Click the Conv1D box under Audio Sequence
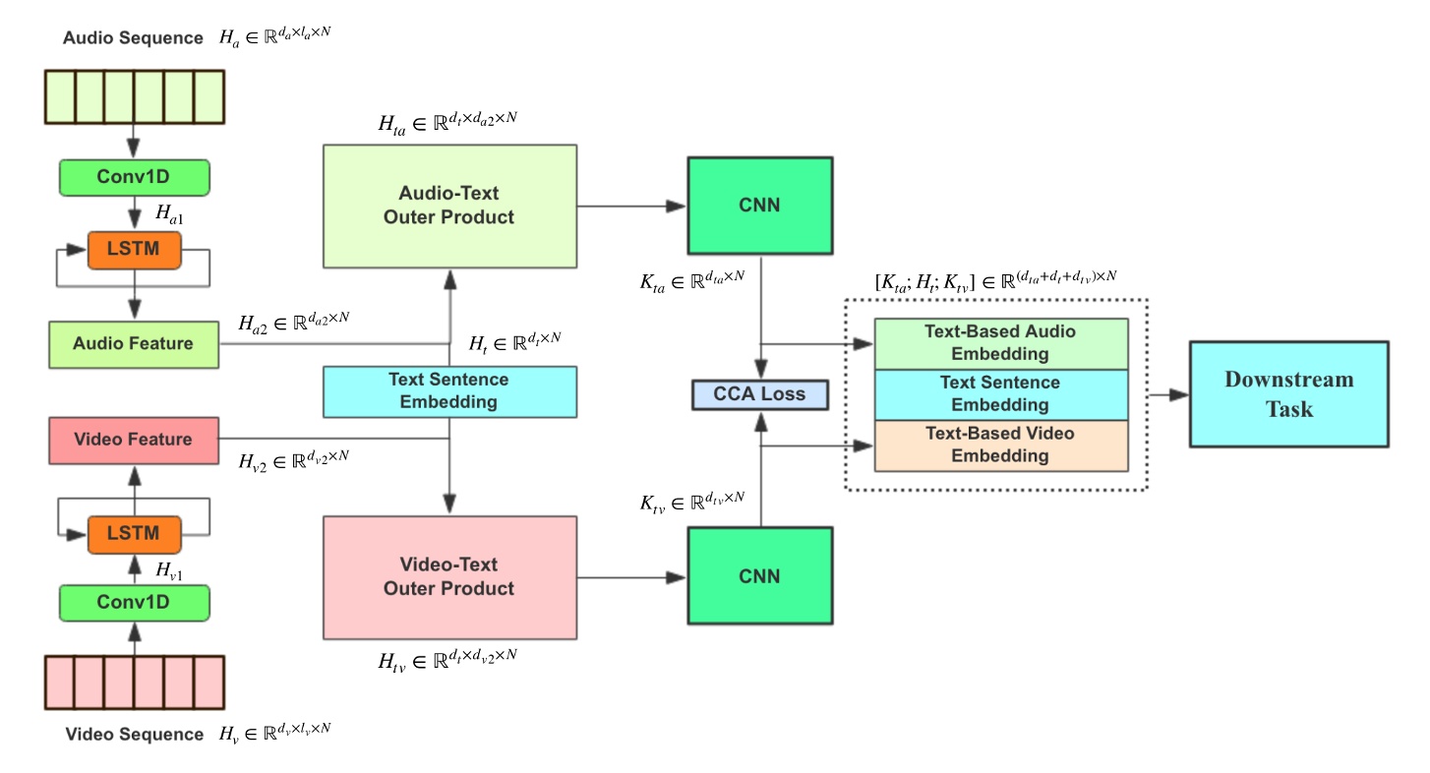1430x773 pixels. coord(134,177)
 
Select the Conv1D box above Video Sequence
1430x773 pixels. coord(134,603)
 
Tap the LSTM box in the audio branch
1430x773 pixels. coord(134,250)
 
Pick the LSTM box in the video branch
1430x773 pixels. coord(134,533)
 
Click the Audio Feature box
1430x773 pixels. coord(134,344)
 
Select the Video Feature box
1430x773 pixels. coord(134,439)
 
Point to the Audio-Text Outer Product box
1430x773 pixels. coord(449,206)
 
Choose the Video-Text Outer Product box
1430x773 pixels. coord(449,577)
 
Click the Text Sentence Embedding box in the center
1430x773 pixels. coord(449,390)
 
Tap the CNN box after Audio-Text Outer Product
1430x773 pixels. coord(758,206)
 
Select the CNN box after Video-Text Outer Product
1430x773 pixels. coord(758,576)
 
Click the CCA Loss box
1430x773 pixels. coord(758,394)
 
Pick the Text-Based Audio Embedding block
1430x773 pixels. coord(1000,343)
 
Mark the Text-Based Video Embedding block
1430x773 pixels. coord(1000,446)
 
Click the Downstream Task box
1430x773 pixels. coord(1288,394)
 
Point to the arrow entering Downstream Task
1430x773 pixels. coord(1168,394)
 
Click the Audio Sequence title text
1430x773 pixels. coord(134,38)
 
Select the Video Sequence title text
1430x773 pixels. coord(134,735)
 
